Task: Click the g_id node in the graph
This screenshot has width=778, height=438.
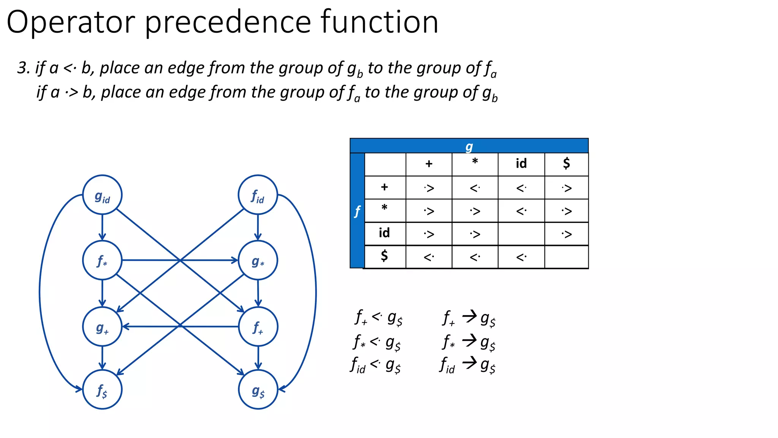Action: point(102,195)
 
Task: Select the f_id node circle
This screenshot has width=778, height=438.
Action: point(258,195)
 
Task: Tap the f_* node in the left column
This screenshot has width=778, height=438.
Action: point(102,260)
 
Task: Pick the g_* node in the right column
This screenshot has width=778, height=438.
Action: point(258,260)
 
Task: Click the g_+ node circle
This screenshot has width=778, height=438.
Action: point(102,327)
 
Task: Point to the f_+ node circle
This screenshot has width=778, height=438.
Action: point(258,327)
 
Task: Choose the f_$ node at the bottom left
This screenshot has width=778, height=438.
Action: point(102,389)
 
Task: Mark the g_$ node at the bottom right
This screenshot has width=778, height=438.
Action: point(258,389)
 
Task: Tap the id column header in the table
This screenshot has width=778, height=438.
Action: point(521,164)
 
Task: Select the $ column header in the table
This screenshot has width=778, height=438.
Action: point(566,164)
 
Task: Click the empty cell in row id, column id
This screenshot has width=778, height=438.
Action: point(521,234)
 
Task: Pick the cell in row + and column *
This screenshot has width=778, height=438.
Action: point(475,188)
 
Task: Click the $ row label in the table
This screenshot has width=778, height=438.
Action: point(384,257)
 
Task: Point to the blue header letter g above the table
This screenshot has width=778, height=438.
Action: point(469,146)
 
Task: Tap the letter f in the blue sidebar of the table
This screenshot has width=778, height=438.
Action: point(357,211)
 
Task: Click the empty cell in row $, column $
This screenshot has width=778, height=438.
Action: point(566,257)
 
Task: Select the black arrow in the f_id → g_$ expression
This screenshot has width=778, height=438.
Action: point(470,363)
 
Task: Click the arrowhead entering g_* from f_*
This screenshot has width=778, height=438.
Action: point(235,260)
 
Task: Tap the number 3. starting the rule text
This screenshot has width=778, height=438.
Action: point(24,68)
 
